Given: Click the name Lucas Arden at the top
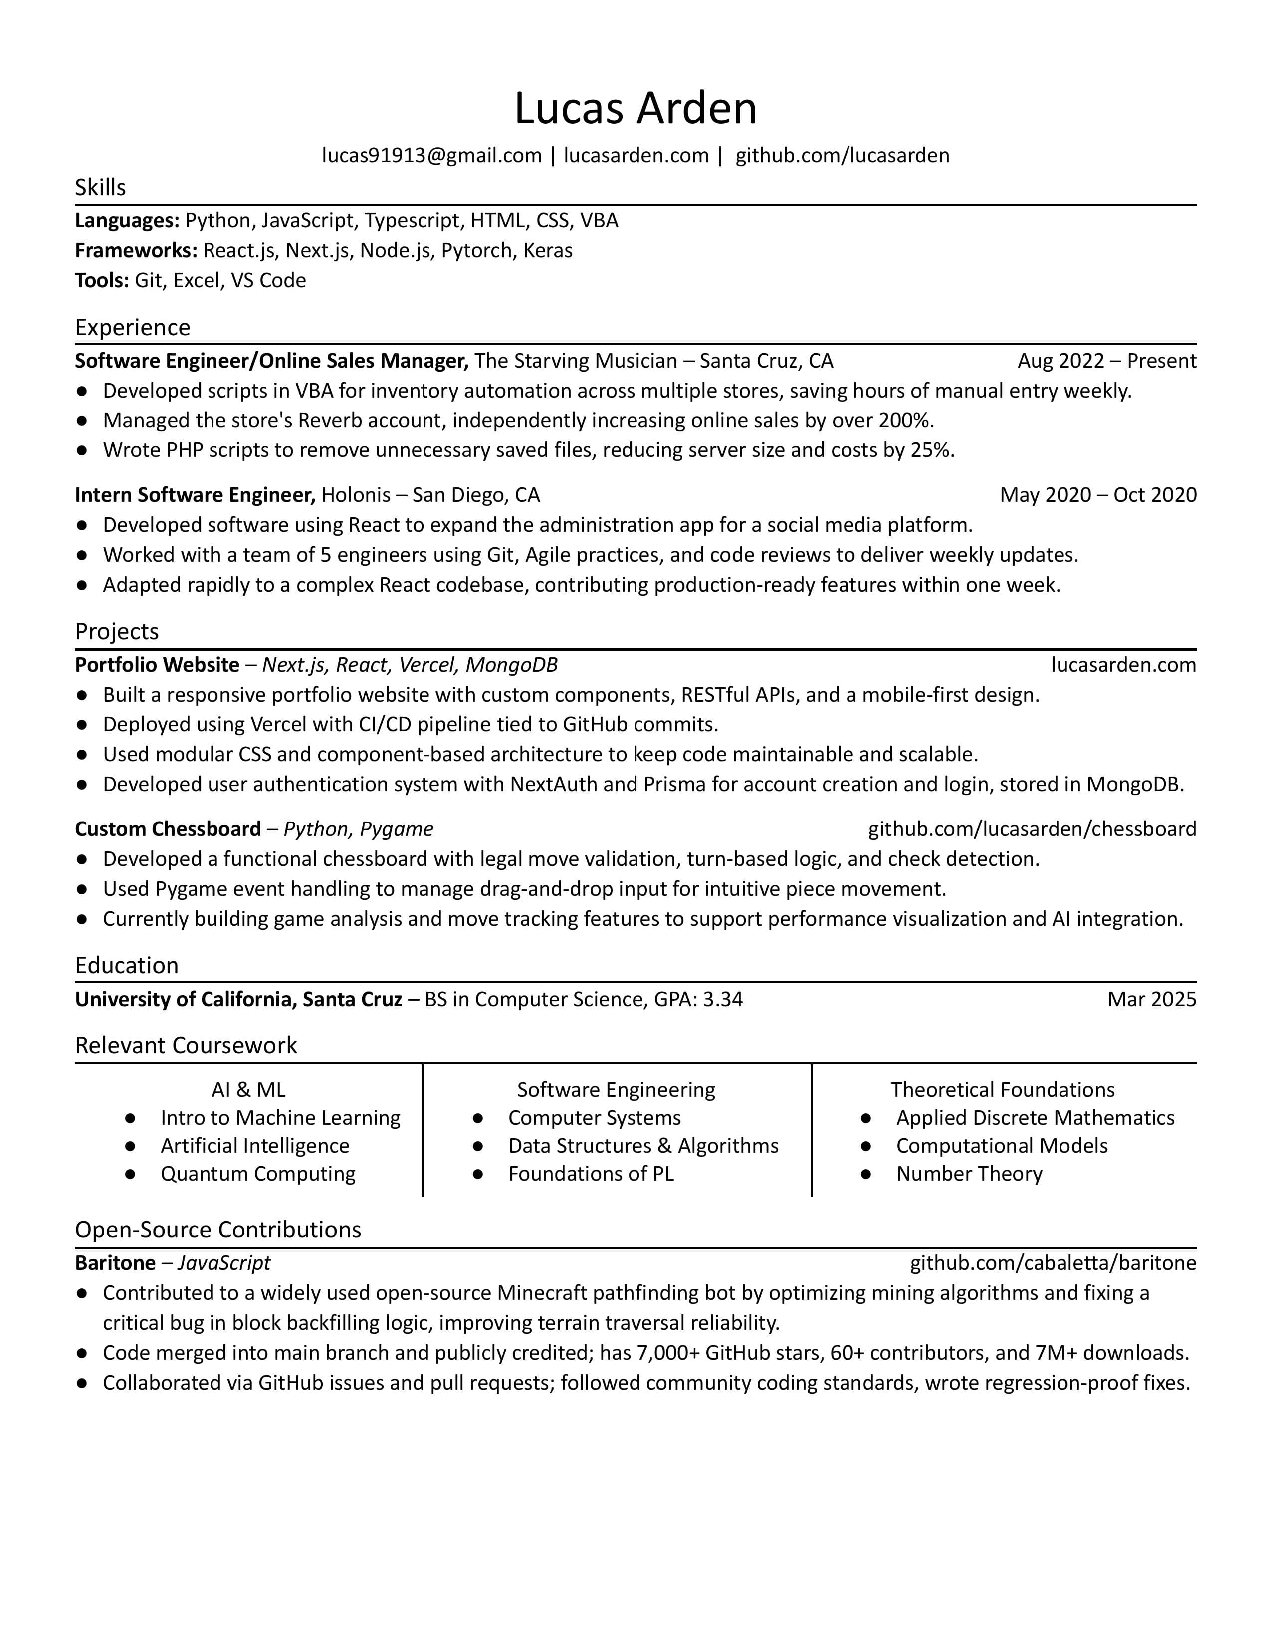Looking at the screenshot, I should point(635,108).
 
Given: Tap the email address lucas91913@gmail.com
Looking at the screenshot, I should point(432,155).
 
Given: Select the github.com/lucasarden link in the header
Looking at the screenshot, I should point(842,155).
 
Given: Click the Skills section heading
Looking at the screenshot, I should point(100,187).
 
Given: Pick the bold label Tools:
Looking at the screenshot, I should point(102,280).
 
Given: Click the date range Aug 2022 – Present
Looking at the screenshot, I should point(1106,360).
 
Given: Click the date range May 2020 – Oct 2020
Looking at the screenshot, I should point(1098,494).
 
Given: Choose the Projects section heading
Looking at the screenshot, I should point(117,631).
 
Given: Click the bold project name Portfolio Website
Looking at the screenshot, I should point(157,665).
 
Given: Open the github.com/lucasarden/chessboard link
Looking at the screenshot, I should point(1032,829).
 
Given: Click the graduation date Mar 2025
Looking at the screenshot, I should point(1151,999).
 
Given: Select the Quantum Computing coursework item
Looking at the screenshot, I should point(258,1174).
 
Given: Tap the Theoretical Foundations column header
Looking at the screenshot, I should point(1002,1090).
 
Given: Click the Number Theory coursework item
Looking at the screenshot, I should point(969,1174).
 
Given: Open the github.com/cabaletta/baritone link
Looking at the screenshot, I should point(1053,1262).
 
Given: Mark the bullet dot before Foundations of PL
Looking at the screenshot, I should point(478,1174).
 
